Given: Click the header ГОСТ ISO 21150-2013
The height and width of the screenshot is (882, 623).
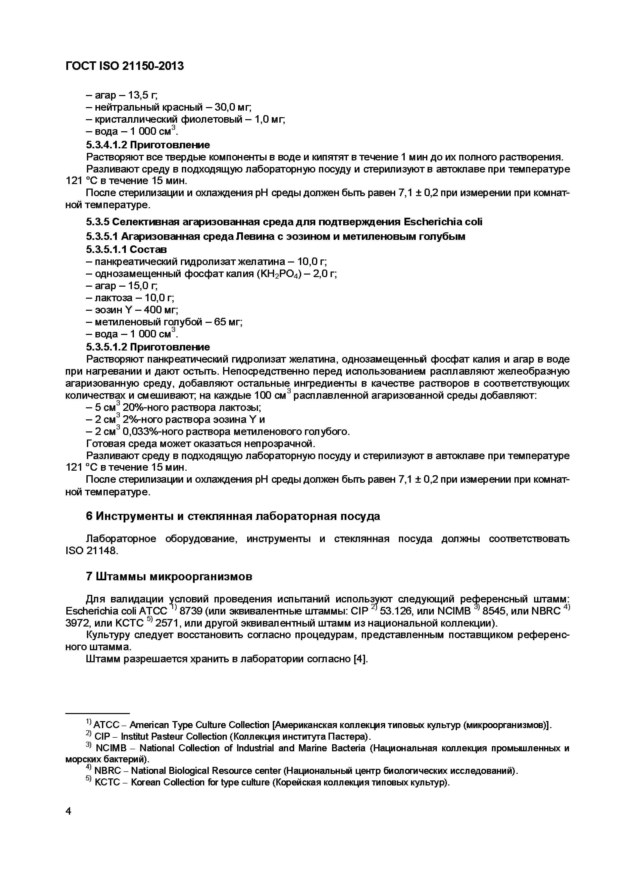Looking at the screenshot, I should coord(125,66).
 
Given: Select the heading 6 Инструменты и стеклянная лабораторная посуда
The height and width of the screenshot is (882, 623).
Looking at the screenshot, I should coord(233,516).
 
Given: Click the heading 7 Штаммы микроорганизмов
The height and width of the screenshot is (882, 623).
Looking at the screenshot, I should coord(169,577).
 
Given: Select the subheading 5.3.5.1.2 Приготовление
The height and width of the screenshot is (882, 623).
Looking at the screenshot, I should coord(148,347).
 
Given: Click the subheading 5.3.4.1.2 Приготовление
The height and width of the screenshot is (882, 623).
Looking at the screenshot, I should coord(148,145).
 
